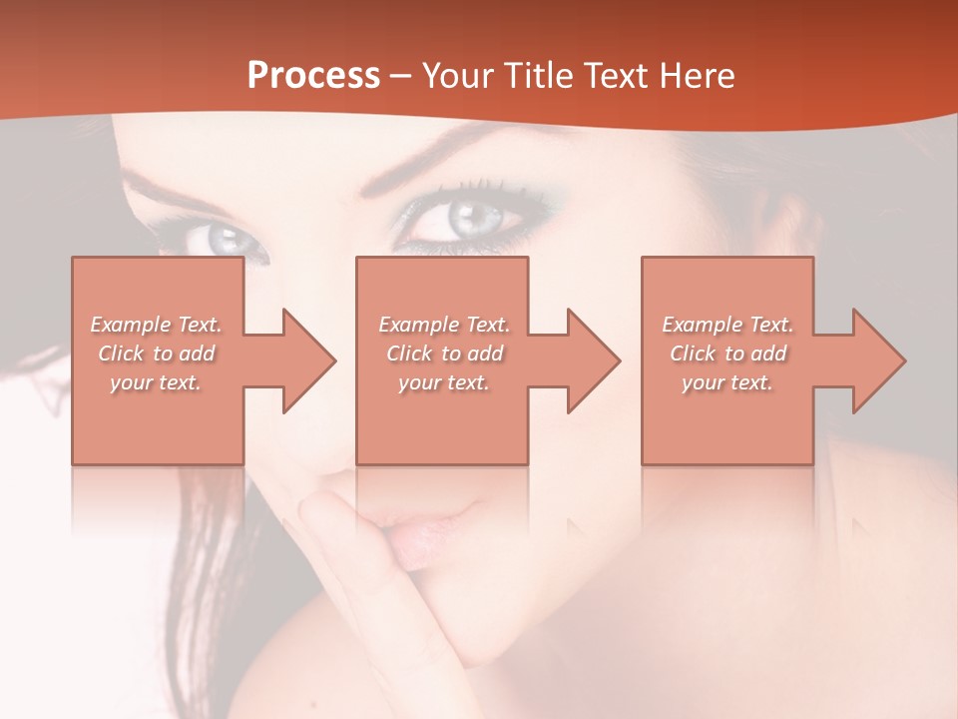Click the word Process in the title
[313, 76]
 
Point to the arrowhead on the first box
[309, 360]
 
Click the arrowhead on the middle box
[594, 360]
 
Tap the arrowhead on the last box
[879, 360]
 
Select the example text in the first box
[156, 354]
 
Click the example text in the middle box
[444, 354]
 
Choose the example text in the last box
[727, 354]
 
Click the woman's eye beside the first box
[226, 240]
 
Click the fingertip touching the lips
[329, 509]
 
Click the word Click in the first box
[121, 354]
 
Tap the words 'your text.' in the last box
[727, 382]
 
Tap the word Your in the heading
[455, 76]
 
